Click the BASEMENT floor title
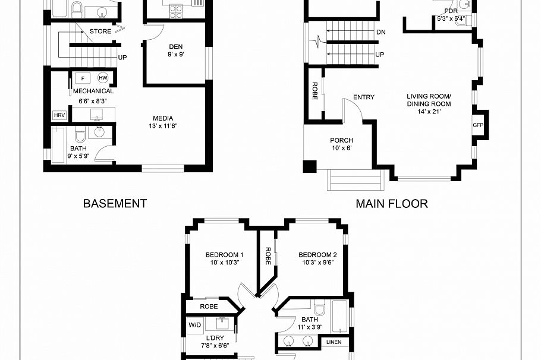click(x=115, y=203)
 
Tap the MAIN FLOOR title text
click(x=391, y=204)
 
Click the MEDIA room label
click(x=163, y=118)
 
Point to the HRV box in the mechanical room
click(x=59, y=115)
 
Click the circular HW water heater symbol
click(x=103, y=78)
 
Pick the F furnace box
click(x=82, y=78)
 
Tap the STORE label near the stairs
click(x=100, y=31)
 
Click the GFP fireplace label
click(x=478, y=125)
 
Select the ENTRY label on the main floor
click(x=363, y=97)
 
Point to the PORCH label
click(x=341, y=141)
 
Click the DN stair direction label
click(x=380, y=32)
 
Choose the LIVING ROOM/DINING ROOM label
click(x=429, y=100)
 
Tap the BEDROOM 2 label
click(x=317, y=255)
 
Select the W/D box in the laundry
click(x=195, y=326)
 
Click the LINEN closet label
click(x=334, y=342)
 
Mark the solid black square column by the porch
click(x=310, y=166)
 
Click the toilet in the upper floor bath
click(x=319, y=308)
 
